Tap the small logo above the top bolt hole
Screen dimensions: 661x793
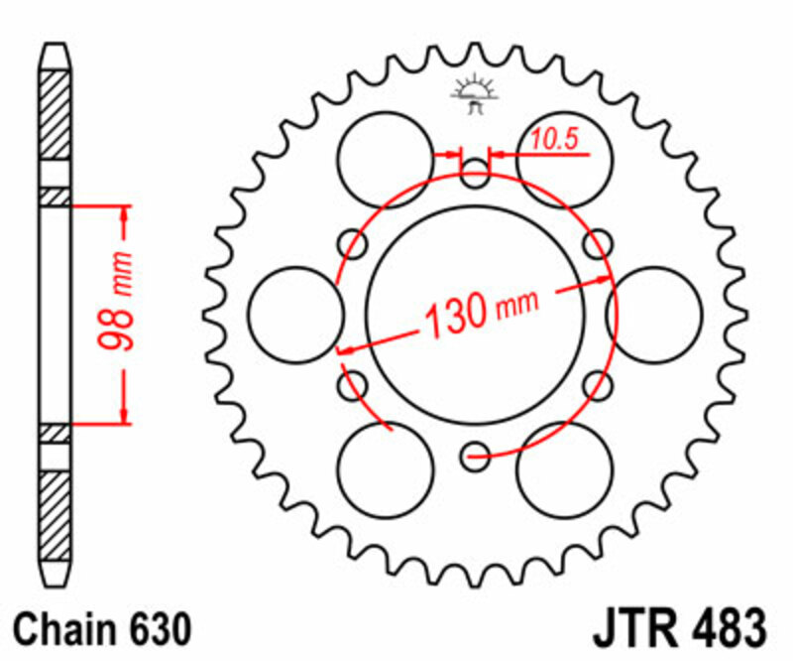point(475,91)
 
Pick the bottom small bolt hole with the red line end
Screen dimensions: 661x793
point(476,458)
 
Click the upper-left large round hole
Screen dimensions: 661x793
point(386,160)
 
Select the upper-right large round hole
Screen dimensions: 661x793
point(564,160)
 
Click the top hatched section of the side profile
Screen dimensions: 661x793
point(56,114)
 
